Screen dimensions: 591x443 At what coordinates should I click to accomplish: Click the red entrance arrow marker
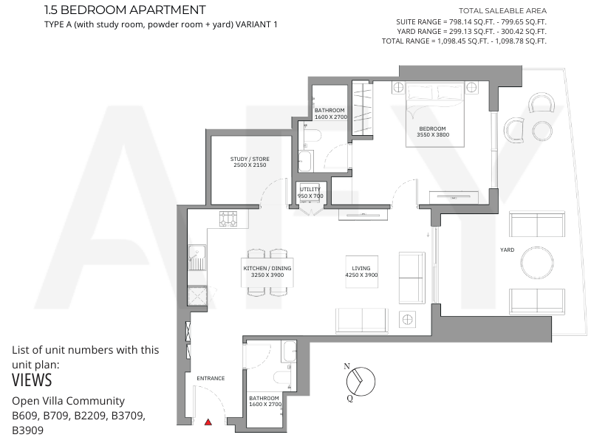coord(208,422)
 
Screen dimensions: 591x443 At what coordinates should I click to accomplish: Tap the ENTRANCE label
coord(211,378)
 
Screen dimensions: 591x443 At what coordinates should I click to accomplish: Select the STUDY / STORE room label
coord(250,159)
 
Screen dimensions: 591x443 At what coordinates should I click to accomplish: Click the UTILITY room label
coord(310,189)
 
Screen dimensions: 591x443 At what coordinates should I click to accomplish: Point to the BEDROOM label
coord(432,128)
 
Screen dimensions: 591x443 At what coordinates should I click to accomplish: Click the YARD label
coord(507,250)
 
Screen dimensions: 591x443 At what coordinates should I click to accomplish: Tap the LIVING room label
coord(361,268)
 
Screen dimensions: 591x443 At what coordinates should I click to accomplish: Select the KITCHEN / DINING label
coord(267,268)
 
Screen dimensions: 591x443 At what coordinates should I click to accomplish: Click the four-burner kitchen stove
coord(228,219)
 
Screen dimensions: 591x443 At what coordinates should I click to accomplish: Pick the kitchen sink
coord(197,258)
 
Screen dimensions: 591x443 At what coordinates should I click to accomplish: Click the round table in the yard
coord(537,263)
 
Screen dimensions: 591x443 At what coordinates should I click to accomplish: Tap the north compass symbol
coord(361,382)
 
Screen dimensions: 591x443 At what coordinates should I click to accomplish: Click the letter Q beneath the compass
coord(349,398)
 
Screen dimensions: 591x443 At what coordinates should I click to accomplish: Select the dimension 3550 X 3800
coord(433,134)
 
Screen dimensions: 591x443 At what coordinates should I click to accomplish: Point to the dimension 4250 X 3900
coord(361,275)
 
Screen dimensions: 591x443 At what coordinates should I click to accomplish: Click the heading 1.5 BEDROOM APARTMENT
coord(125,10)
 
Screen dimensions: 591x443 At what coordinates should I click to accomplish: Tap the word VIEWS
coord(32,380)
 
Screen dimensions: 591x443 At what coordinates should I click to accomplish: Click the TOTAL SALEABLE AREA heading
coord(502,11)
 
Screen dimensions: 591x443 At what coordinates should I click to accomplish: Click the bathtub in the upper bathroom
coord(305,161)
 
